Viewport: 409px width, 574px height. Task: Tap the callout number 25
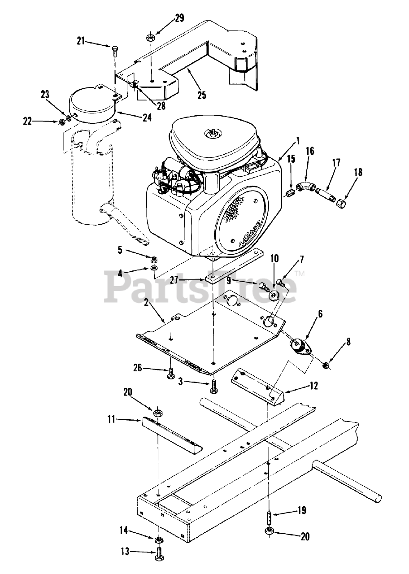202,95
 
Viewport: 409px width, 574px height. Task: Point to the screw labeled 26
171,373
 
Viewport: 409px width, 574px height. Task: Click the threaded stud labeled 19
269,517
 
